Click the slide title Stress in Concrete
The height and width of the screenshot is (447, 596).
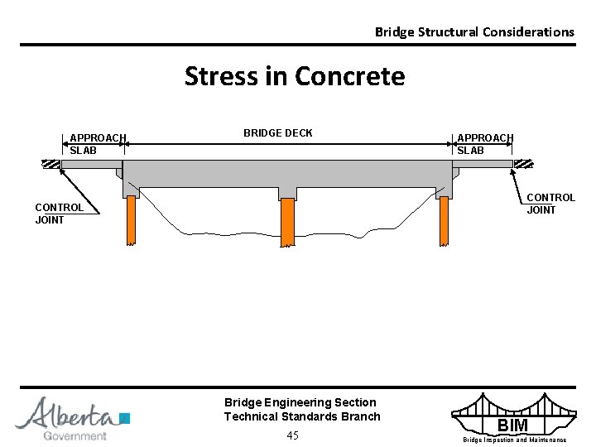click(295, 76)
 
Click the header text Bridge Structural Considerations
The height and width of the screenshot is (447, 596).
click(473, 32)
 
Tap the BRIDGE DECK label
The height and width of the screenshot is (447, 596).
click(277, 133)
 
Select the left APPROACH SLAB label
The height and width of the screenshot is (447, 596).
click(98, 144)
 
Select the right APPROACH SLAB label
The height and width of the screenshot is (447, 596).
click(485, 144)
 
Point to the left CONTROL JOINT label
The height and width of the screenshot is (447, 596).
click(59, 214)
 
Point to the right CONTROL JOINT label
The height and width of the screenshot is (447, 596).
click(550, 204)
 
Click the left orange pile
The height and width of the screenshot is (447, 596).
click(131, 221)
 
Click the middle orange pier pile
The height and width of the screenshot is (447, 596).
click(287, 222)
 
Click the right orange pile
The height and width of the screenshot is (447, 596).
click(444, 221)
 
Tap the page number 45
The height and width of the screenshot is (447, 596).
click(292, 435)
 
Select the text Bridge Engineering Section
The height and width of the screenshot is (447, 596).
click(300, 402)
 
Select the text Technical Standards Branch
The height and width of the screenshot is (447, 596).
click(302, 416)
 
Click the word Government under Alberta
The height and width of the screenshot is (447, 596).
click(74, 435)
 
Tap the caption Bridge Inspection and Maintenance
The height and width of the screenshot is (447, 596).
click(514, 440)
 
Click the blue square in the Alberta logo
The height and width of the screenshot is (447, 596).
click(125, 417)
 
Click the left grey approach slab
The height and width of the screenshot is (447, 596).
click(90, 164)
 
